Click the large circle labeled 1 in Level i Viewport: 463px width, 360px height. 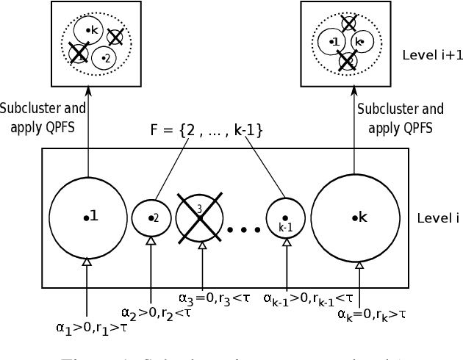click(87, 217)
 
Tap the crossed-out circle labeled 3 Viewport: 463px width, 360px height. click(200, 217)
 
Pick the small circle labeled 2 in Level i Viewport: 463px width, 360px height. click(151, 217)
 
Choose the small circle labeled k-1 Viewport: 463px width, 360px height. click(286, 217)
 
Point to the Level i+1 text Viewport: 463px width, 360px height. click(433, 55)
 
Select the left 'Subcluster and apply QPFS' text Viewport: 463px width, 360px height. click(43, 117)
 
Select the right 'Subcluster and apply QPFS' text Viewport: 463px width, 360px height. click(401, 117)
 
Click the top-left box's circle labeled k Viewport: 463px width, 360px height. click(90, 30)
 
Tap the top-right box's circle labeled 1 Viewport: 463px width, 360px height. click(334, 42)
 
